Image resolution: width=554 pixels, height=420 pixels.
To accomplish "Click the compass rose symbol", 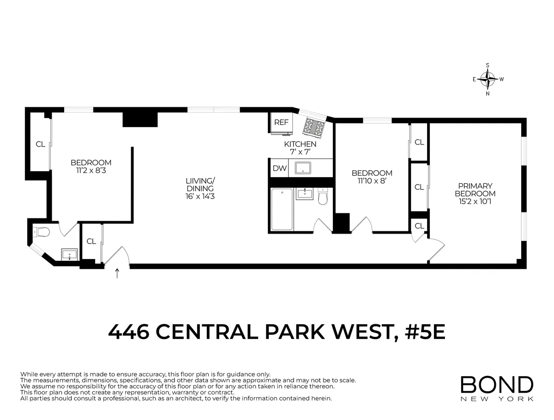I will pyautogui.click(x=488, y=79).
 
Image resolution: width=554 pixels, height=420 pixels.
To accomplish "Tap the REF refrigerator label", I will pyautogui.click(x=281, y=123).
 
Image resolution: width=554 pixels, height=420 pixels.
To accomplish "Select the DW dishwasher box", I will pyautogui.click(x=279, y=168).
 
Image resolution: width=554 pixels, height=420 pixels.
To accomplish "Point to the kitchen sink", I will pyautogui.click(x=303, y=167).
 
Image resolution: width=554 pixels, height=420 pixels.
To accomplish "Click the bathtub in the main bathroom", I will pyautogui.click(x=282, y=209).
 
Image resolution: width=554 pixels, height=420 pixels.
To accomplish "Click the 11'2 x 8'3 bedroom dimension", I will pyautogui.click(x=91, y=170).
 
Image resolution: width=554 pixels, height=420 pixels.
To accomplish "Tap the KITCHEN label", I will pyautogui.click(x=300, y=144).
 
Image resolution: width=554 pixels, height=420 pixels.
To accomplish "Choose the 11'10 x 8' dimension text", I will pyautogui.click(x=372, y=181).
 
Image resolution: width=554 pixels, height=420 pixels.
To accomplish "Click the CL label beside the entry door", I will pyautogui.click(x=91, y=241).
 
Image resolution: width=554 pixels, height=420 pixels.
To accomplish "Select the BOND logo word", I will pyautogui.click(x=497, y=385).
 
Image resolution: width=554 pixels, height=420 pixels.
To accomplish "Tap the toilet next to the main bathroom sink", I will pyautogui.click(x=323, y=198).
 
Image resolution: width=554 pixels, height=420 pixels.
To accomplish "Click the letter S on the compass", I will pyautogui.click(x=488, y=66).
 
